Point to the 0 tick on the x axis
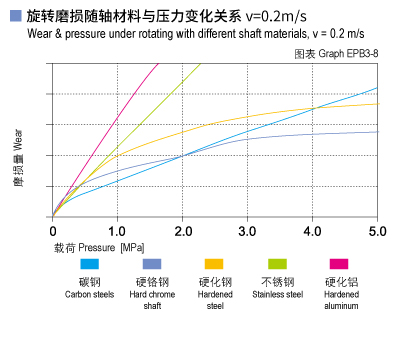pos(53,231)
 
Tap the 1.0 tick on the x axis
pos(117,231)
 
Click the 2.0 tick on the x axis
pos(182,231)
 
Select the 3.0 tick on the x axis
pos(247,231)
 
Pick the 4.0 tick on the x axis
pos(312,231)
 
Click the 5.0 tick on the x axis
pos(377,231)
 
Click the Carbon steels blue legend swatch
pos(89,265)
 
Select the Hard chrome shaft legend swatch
pos(152,265)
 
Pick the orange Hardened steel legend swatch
pos(214,265)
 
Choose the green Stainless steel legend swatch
pos(277,265)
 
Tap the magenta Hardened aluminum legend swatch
pos(339,265)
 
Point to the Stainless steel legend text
pos(277,294)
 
